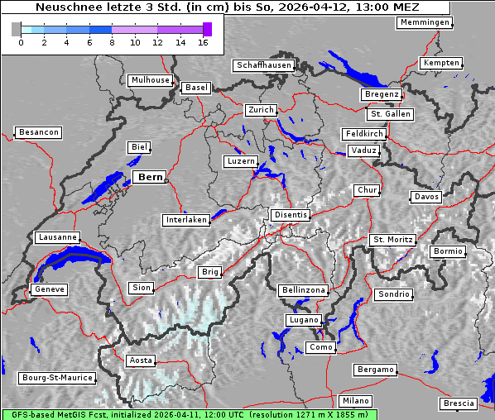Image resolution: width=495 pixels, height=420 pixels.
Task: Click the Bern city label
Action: (x=150, y=177)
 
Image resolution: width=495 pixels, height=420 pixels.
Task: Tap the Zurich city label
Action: (x=260, y=110)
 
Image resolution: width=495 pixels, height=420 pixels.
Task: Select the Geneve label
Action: (x=49, y=289)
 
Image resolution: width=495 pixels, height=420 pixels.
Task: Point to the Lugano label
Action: (x=303, y=320)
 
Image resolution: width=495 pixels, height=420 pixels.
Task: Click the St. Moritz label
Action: (x=391, y=240)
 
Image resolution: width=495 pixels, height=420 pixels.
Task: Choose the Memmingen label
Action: (x=425, y=22)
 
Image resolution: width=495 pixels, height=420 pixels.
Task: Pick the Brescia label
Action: (x=459, y=403)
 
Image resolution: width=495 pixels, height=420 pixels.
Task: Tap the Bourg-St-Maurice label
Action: (x=57, y=378)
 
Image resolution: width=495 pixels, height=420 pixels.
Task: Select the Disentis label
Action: (x=290, y=215)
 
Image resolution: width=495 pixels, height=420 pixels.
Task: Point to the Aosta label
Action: (x=141, y=360)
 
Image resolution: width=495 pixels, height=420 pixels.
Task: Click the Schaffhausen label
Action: (x=263, y=64)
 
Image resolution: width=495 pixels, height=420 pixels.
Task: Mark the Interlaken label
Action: (x=186, y=220)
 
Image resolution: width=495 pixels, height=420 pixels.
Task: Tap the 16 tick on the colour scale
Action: (x=204, y=41)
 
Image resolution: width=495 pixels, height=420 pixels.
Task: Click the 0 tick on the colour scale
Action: (x=21, y=41)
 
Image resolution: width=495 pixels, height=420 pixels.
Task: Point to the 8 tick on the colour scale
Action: (x=113, y=41)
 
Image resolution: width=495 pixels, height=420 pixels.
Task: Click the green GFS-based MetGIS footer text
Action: (x=189, y=414)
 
